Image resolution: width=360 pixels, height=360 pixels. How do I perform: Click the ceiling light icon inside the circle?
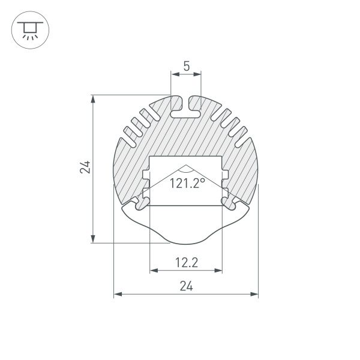point(28,28)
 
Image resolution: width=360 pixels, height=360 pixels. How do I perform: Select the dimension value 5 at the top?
point(187,67)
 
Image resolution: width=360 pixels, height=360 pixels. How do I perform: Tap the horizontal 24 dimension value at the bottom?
point(186,286)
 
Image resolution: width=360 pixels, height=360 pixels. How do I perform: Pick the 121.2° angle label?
point(187,183)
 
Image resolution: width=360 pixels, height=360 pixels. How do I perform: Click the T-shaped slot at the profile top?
point(186,107)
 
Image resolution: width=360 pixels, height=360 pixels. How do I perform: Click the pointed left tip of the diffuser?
point(122,209)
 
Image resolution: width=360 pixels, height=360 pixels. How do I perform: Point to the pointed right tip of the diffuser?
point(250,209)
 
